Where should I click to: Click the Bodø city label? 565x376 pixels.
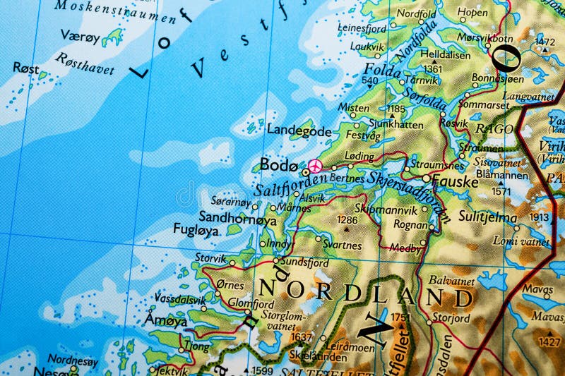275,164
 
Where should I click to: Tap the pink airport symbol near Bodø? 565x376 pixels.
315,166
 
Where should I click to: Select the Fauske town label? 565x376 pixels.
455,182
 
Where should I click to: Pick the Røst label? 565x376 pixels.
26,68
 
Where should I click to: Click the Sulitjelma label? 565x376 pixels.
488,217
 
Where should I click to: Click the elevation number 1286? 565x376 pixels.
347,220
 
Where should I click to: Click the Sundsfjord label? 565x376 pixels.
305,262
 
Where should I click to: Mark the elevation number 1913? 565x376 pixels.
540,218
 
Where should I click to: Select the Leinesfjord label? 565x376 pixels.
362,28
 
